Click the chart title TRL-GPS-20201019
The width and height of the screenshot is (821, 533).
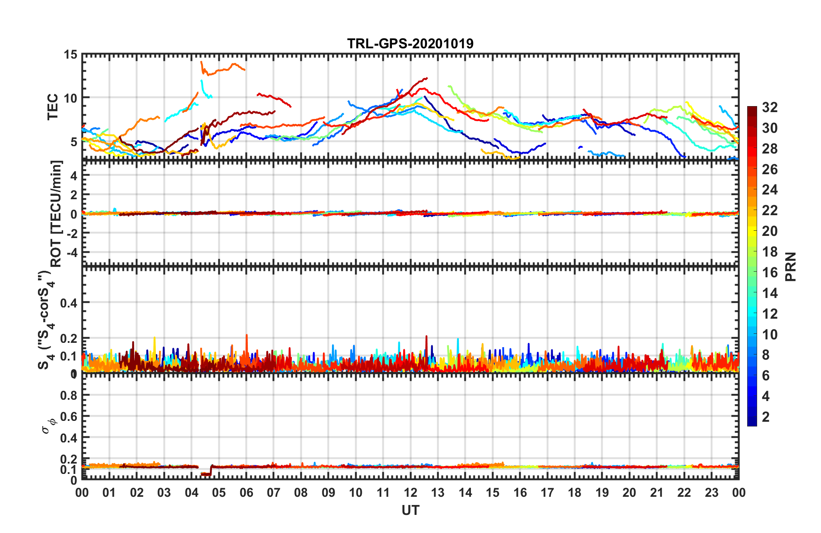tap(410, 44)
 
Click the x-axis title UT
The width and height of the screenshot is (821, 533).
tap(410, 511)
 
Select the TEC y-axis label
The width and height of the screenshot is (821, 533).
tap(53, 107)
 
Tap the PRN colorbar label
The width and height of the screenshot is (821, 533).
tap(791, 266)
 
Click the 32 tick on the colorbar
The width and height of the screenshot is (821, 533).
tap(770, 107)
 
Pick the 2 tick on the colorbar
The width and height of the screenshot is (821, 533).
tap(766, 417)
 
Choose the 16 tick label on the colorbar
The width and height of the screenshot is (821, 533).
tap(770, 273)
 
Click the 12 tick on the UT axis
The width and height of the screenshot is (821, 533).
tap(410, 492)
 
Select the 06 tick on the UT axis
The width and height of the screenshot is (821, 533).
tap(246, 492)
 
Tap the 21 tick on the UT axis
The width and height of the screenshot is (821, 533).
tap(657, 492)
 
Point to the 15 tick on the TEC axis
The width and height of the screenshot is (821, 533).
tap(70, 55)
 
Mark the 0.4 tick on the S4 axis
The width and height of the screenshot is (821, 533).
tap(69, 303)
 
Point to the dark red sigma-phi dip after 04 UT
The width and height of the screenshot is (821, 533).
tap(206, 474)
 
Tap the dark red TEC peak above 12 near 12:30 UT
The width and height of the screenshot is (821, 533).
tap(425, 78)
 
